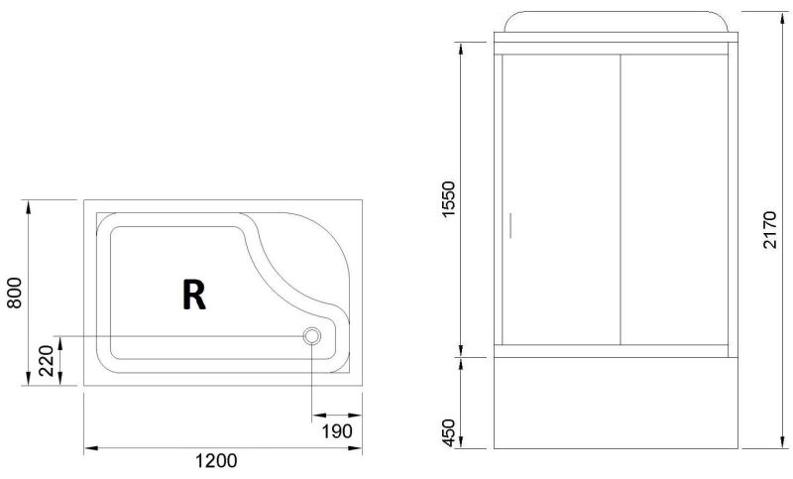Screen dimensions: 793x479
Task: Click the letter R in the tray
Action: [x=193, y=295]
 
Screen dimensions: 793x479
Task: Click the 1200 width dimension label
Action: [x=216, y=461]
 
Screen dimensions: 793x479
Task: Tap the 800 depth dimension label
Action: [x=15, y=293]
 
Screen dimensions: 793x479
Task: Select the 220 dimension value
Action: [x=46, y=361]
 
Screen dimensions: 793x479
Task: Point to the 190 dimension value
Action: [x=337, y=431]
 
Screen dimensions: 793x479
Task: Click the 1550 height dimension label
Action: [x=449, y=198]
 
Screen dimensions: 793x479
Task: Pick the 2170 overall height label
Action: [x=769, y=229]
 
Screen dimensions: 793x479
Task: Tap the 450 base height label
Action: [x=449, y=432]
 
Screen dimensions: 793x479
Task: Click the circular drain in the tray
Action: [x=311, y=336]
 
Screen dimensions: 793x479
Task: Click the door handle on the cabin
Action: [x=510, y=225]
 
